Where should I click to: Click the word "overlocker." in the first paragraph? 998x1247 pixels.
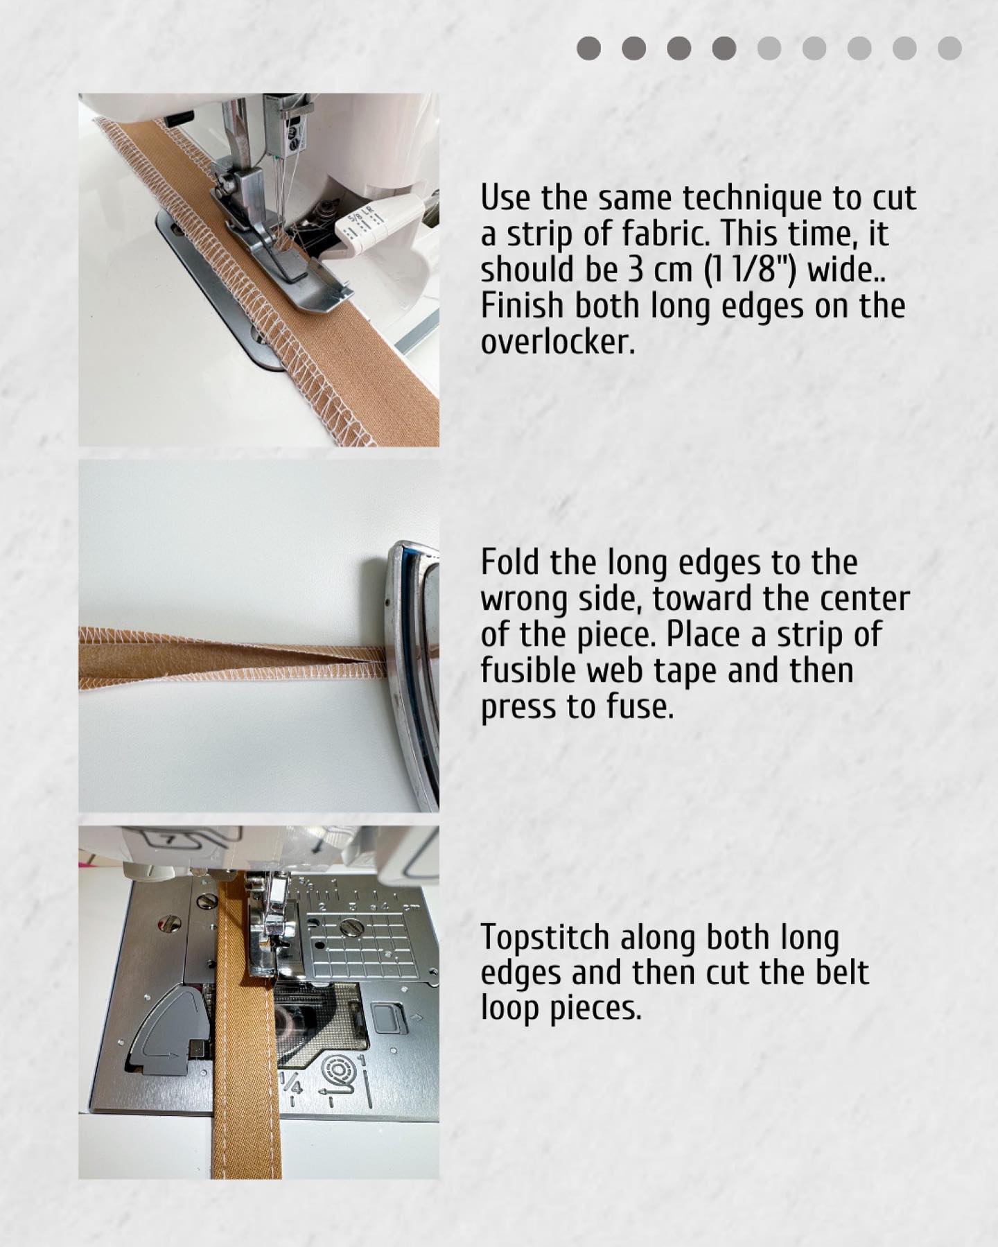[x=558, y=342]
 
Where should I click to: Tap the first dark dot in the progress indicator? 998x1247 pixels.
[x=589, y=49]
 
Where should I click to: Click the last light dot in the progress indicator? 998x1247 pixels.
[x=949, y=49]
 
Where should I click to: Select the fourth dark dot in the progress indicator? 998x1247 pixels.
[x=724, y=49]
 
